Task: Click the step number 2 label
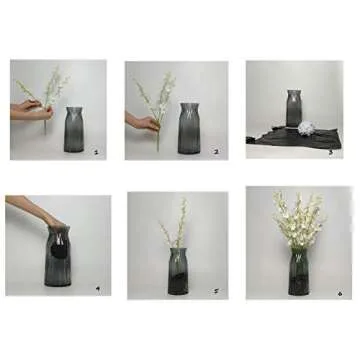[215, 152]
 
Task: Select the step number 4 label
[96, 289]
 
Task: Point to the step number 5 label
[215, 290]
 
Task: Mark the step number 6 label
[338, 293]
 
